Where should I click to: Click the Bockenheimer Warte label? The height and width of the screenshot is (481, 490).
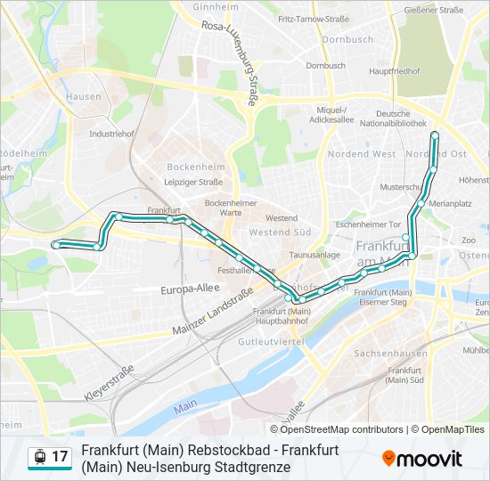click(224, 208)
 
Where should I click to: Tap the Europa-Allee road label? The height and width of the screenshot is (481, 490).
click(190, 289)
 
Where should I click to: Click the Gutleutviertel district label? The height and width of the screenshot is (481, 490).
click(272, 341)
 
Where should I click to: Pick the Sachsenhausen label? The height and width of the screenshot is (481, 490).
click(385, 353)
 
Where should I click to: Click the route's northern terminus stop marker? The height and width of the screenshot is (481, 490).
click(435, 135)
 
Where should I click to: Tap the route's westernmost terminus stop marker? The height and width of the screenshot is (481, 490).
click(55, 244)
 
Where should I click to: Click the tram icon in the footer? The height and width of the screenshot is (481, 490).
click(39, 457)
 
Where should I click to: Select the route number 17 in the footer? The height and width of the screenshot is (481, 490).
click(60, 457)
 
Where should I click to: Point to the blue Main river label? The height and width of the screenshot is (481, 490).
click(185, 406)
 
